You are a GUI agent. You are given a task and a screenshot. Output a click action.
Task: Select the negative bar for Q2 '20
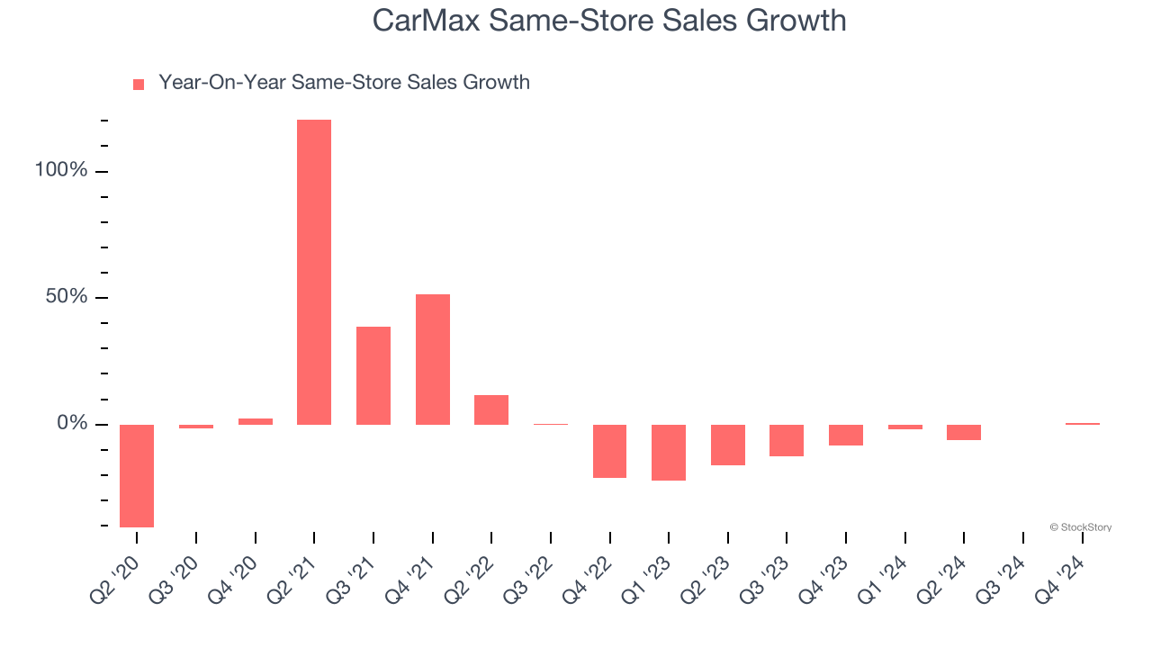pos(137,475)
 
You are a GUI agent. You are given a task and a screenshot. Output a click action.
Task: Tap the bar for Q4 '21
pos(432,359)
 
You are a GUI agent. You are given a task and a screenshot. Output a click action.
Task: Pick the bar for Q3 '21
pos(373,375)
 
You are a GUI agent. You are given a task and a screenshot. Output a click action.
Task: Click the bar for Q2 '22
pos(491,409)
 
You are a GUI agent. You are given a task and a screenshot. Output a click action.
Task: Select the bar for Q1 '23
pos(669,452)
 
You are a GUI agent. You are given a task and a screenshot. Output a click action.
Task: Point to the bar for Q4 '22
pos(609,451)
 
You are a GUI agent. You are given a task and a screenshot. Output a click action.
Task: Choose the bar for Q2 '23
pos(728,445)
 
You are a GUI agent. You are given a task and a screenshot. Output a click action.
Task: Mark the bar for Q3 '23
pos(787,440)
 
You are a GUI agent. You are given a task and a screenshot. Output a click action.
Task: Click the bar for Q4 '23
pos(846,435)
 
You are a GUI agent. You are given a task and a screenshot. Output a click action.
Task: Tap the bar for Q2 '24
pos(964,432)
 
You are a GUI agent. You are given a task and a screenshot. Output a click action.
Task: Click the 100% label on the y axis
pos(61,171)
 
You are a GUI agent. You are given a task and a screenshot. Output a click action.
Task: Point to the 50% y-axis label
pos(67,297)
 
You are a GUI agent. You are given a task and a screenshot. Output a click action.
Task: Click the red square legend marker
pos(139,85)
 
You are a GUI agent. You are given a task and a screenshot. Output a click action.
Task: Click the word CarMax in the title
pos(427,20)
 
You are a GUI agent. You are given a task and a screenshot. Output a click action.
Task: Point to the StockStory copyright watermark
pos(1080,527)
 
